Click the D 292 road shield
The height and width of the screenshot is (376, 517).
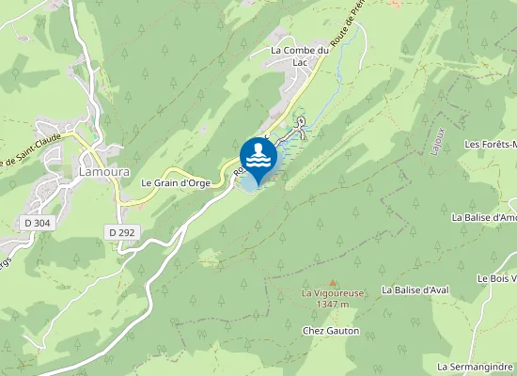119,232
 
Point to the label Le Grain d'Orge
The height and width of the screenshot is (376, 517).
176,182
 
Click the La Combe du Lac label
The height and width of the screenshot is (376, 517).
301,55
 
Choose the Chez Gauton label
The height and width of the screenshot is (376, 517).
324,331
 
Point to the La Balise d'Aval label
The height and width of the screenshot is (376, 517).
419,290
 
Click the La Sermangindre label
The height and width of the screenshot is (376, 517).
477,365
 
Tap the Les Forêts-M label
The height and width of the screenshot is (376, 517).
492,145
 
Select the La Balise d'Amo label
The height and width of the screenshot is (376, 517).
484,217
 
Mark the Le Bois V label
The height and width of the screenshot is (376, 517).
496,278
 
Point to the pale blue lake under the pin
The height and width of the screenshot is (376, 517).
248,183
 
